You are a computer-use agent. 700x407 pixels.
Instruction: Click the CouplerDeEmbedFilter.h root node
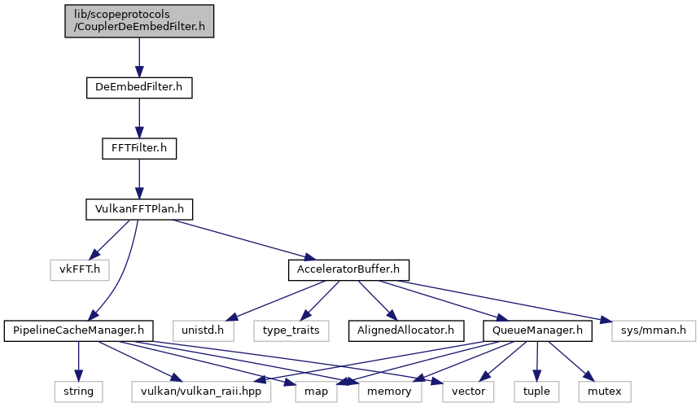[139, 21]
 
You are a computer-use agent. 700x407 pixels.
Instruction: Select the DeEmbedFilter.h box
[139, 87]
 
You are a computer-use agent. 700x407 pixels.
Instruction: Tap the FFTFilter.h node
[139, 148]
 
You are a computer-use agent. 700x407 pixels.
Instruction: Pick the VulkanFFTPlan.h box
[139, 209]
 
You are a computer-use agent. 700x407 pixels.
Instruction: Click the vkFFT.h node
[80, 270]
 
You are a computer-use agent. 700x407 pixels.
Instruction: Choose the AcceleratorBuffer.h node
[348, 270]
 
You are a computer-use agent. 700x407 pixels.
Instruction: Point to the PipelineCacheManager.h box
[79, 331]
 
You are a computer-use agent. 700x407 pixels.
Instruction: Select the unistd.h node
[203, 331]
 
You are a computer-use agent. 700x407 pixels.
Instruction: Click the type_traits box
[291, 331]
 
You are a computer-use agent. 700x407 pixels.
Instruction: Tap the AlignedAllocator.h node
[406, 331]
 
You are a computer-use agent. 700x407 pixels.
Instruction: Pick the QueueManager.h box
[537, 331]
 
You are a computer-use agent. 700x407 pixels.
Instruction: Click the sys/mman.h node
[654, 331]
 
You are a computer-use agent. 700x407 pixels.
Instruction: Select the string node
[79, 392]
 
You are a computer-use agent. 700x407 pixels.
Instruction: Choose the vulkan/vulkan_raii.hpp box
[201, 392]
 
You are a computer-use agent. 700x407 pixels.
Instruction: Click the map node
[316, 392]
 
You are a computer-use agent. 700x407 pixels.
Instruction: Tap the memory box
[389, 392]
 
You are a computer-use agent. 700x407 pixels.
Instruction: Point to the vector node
[468, 392]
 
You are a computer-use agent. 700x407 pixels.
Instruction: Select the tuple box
[536, 392]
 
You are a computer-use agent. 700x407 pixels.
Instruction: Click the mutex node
[605, 392]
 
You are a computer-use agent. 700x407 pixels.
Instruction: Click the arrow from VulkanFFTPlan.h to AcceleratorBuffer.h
[243, 239]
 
